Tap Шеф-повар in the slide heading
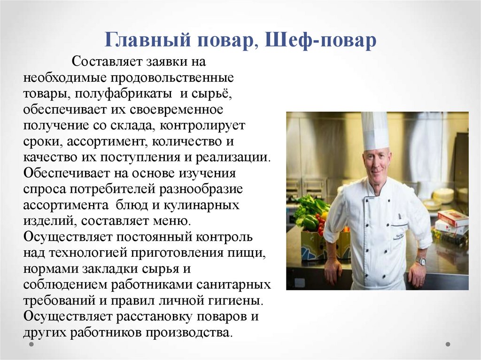coord(321,40)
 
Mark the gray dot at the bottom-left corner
coord(31,344)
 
